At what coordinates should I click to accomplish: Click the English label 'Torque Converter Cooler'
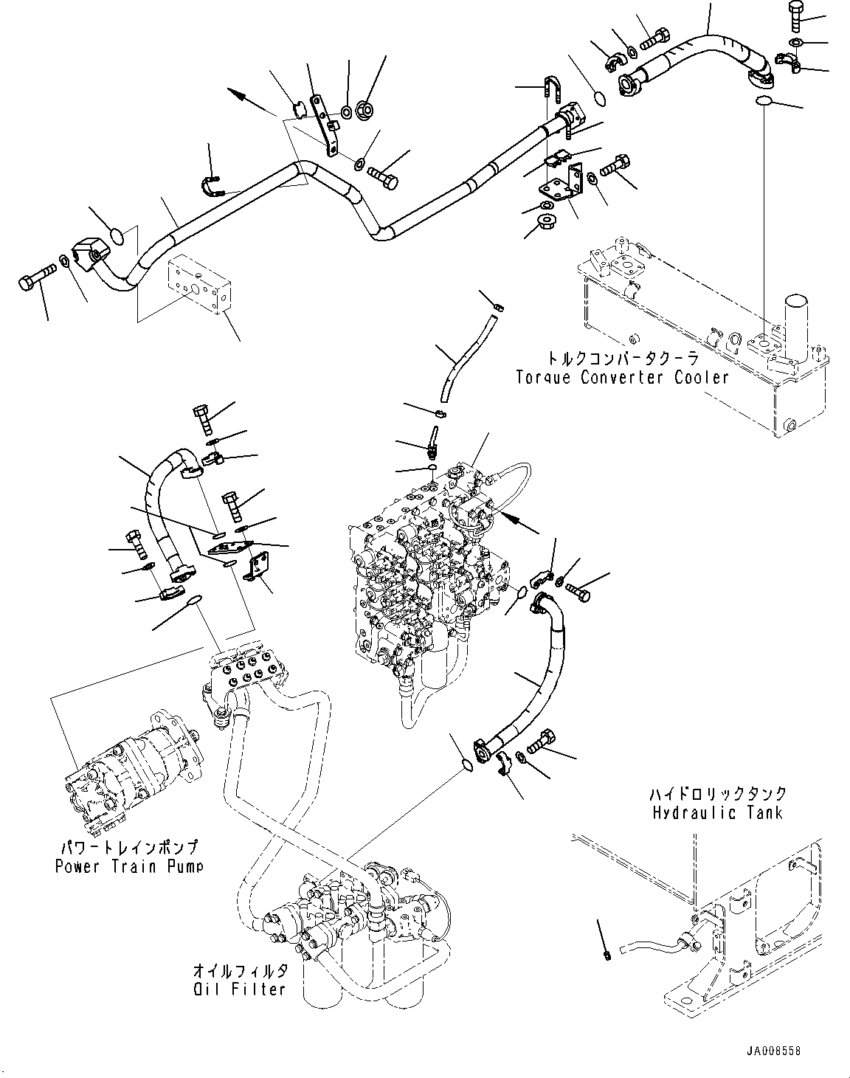[622, 378]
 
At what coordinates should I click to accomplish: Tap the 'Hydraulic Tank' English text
[717, 813]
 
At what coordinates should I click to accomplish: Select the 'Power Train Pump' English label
[129, 865]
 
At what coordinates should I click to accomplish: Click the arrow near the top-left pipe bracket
[251, 102]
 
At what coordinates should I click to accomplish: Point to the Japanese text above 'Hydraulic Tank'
[717, 794]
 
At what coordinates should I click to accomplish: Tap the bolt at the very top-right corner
[798, 15]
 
